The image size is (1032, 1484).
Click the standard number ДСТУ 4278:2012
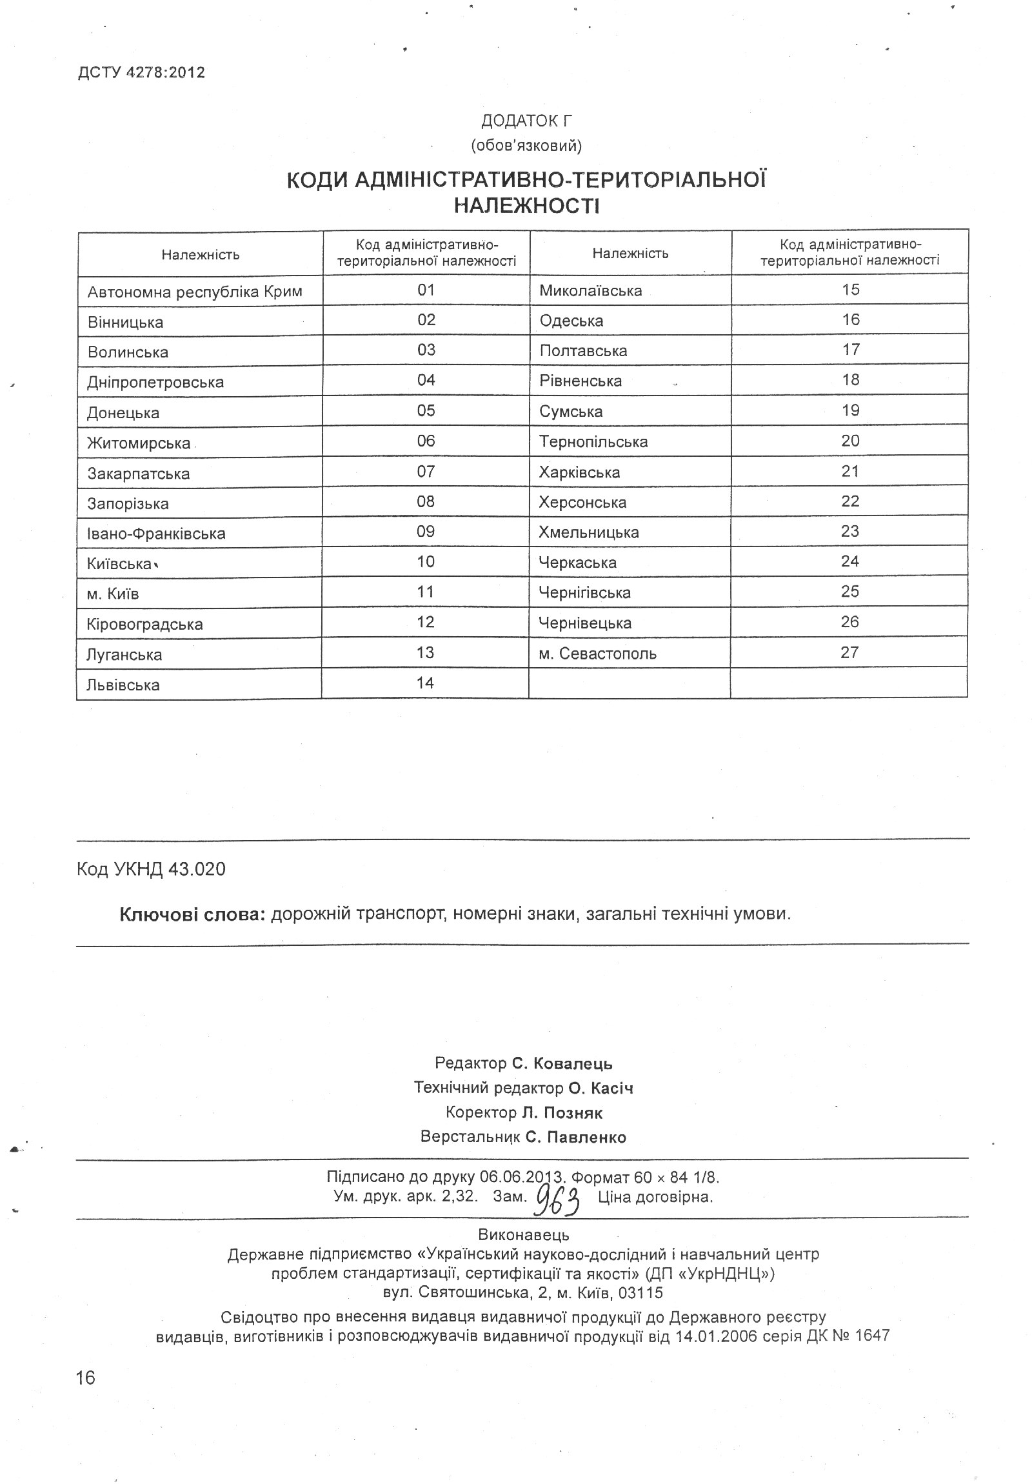pyautogui.click(x=141, y=72)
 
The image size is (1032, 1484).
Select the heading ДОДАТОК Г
pyautogui.click(x=526, y=121)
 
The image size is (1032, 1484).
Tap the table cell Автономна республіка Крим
pyautogui.click(x=195, y=292)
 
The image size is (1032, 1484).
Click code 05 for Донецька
pyautogui.click(x=426, y=411)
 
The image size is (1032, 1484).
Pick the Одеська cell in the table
pyautogui.click(x=571, y=321)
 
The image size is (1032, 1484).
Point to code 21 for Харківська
pyautogui.click(x=849, y=472)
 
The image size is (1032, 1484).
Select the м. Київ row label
pyautogui.click(x=113, y=594)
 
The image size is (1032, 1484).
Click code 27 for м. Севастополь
pyautogui.click(x=849, y=653)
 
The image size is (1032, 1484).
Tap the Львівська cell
pyautogui.click(x=123, y=685)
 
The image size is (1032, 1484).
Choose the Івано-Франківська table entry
pyautogui.click(x=156, y=534)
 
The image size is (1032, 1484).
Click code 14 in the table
pyautogui.click(x=425, y=683)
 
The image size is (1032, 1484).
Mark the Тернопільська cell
pyautogui.click(x=593, y=442)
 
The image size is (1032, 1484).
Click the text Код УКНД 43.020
pyautogui.click(x=151, y=869)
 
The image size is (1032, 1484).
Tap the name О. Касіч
pyautogui.click(x=601, y=1088)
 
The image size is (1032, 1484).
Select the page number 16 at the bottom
pyautogui.click(x=85, y=1378)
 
